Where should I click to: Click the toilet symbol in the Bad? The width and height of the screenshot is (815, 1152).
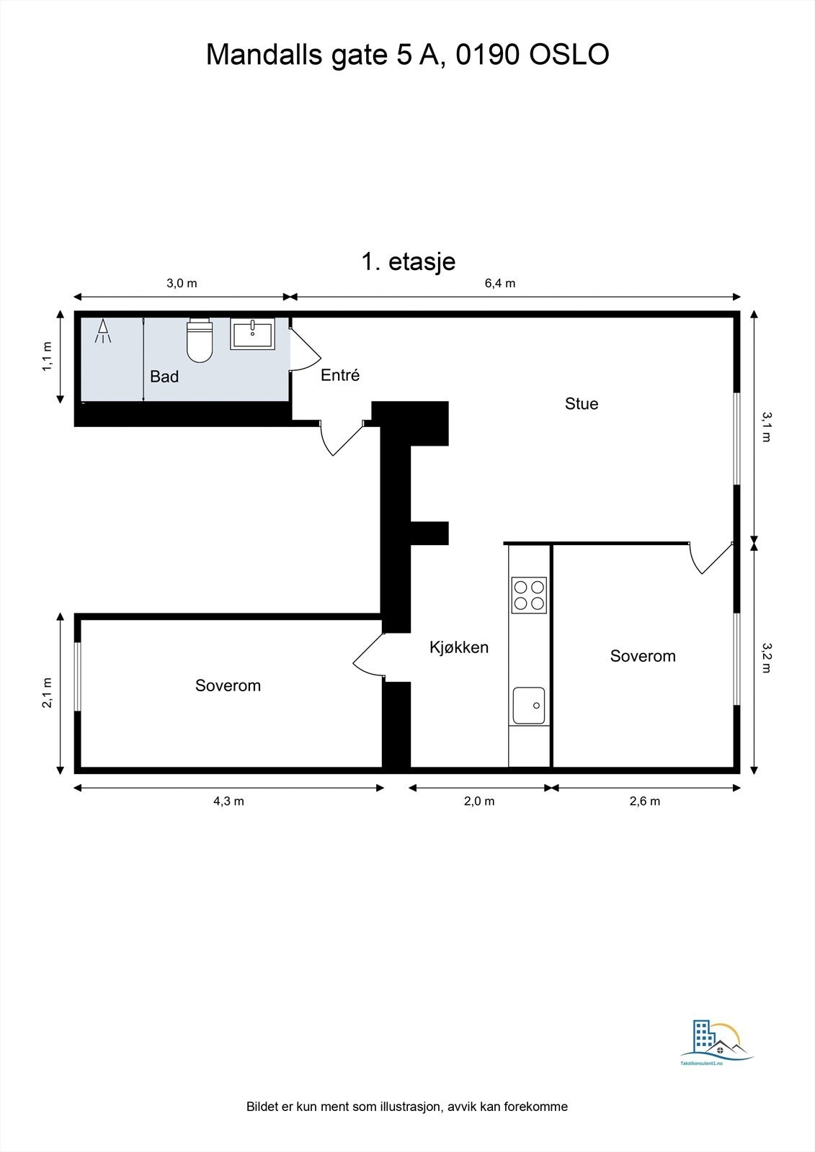(200, 341)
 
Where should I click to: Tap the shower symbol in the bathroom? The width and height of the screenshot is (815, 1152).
(104, 330)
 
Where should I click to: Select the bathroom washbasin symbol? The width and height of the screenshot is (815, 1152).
(252, 334)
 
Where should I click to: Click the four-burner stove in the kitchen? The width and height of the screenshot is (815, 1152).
(529, 595)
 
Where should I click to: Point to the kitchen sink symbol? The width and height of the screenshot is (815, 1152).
(529, 706)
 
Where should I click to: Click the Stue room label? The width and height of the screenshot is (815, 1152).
(581, 404)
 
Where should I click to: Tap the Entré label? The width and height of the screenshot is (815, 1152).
(339, 375)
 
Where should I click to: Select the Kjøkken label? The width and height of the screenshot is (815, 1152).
(459, 647)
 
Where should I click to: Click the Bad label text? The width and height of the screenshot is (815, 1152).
(164, 377)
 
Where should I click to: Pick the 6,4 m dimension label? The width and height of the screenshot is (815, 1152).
(499, 283)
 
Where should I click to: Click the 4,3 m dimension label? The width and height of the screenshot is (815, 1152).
(228, 801)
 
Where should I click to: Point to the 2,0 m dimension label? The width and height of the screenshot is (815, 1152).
(479, 801)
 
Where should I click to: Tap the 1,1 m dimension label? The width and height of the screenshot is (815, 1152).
(48, 356)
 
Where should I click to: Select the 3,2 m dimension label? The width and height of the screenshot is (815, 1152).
(766, 657)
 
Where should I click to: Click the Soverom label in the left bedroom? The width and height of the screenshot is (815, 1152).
(228, 685)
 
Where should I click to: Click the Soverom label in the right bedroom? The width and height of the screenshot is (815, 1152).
(643, 656)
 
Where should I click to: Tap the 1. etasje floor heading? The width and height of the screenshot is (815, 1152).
(408, 261)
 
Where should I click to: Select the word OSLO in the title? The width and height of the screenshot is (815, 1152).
(569, 55)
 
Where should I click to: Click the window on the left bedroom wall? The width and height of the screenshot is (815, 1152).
(78, 676)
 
